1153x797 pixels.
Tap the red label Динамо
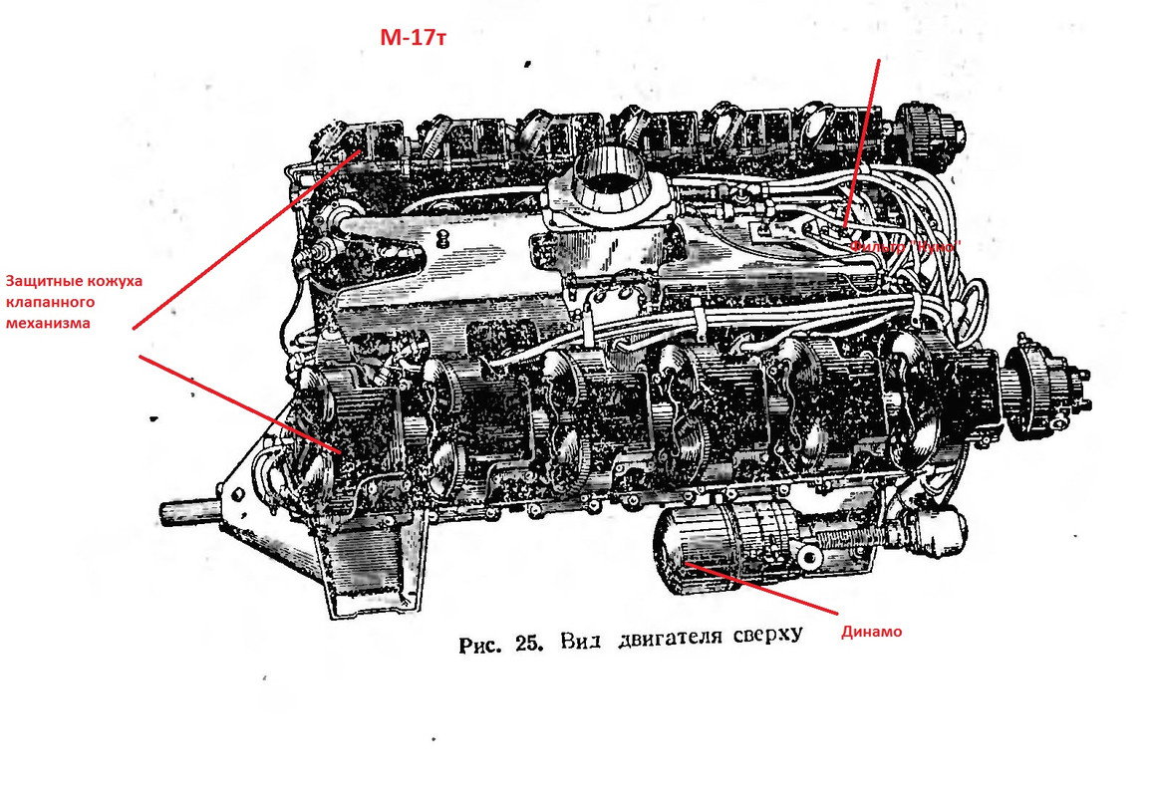872,631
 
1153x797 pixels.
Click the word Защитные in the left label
41,281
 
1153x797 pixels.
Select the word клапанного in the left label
51,301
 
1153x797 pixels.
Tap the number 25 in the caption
526,644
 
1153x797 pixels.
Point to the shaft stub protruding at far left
189,510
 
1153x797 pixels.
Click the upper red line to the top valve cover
249,239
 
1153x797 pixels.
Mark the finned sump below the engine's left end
369,573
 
